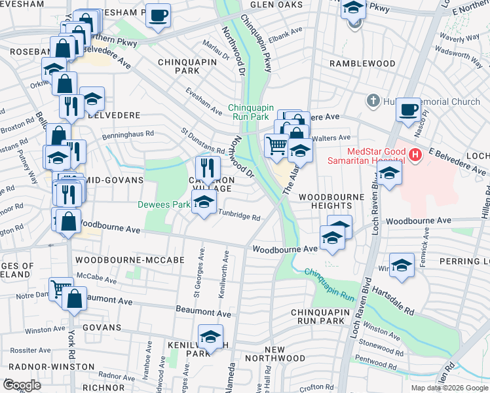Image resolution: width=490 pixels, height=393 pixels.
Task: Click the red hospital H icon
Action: click(415, 156)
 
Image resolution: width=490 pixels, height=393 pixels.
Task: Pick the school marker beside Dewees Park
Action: click(204, 203)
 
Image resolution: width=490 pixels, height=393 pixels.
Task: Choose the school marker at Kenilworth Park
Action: click(210, 338)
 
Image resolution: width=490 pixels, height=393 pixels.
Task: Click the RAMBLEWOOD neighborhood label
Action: click(362, 64)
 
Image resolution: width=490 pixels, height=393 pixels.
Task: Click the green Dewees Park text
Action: click(163, 204)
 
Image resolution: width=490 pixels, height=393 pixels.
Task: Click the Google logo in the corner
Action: click(22, 385)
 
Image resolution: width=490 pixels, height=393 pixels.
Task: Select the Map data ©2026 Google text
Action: click(449, 388)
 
